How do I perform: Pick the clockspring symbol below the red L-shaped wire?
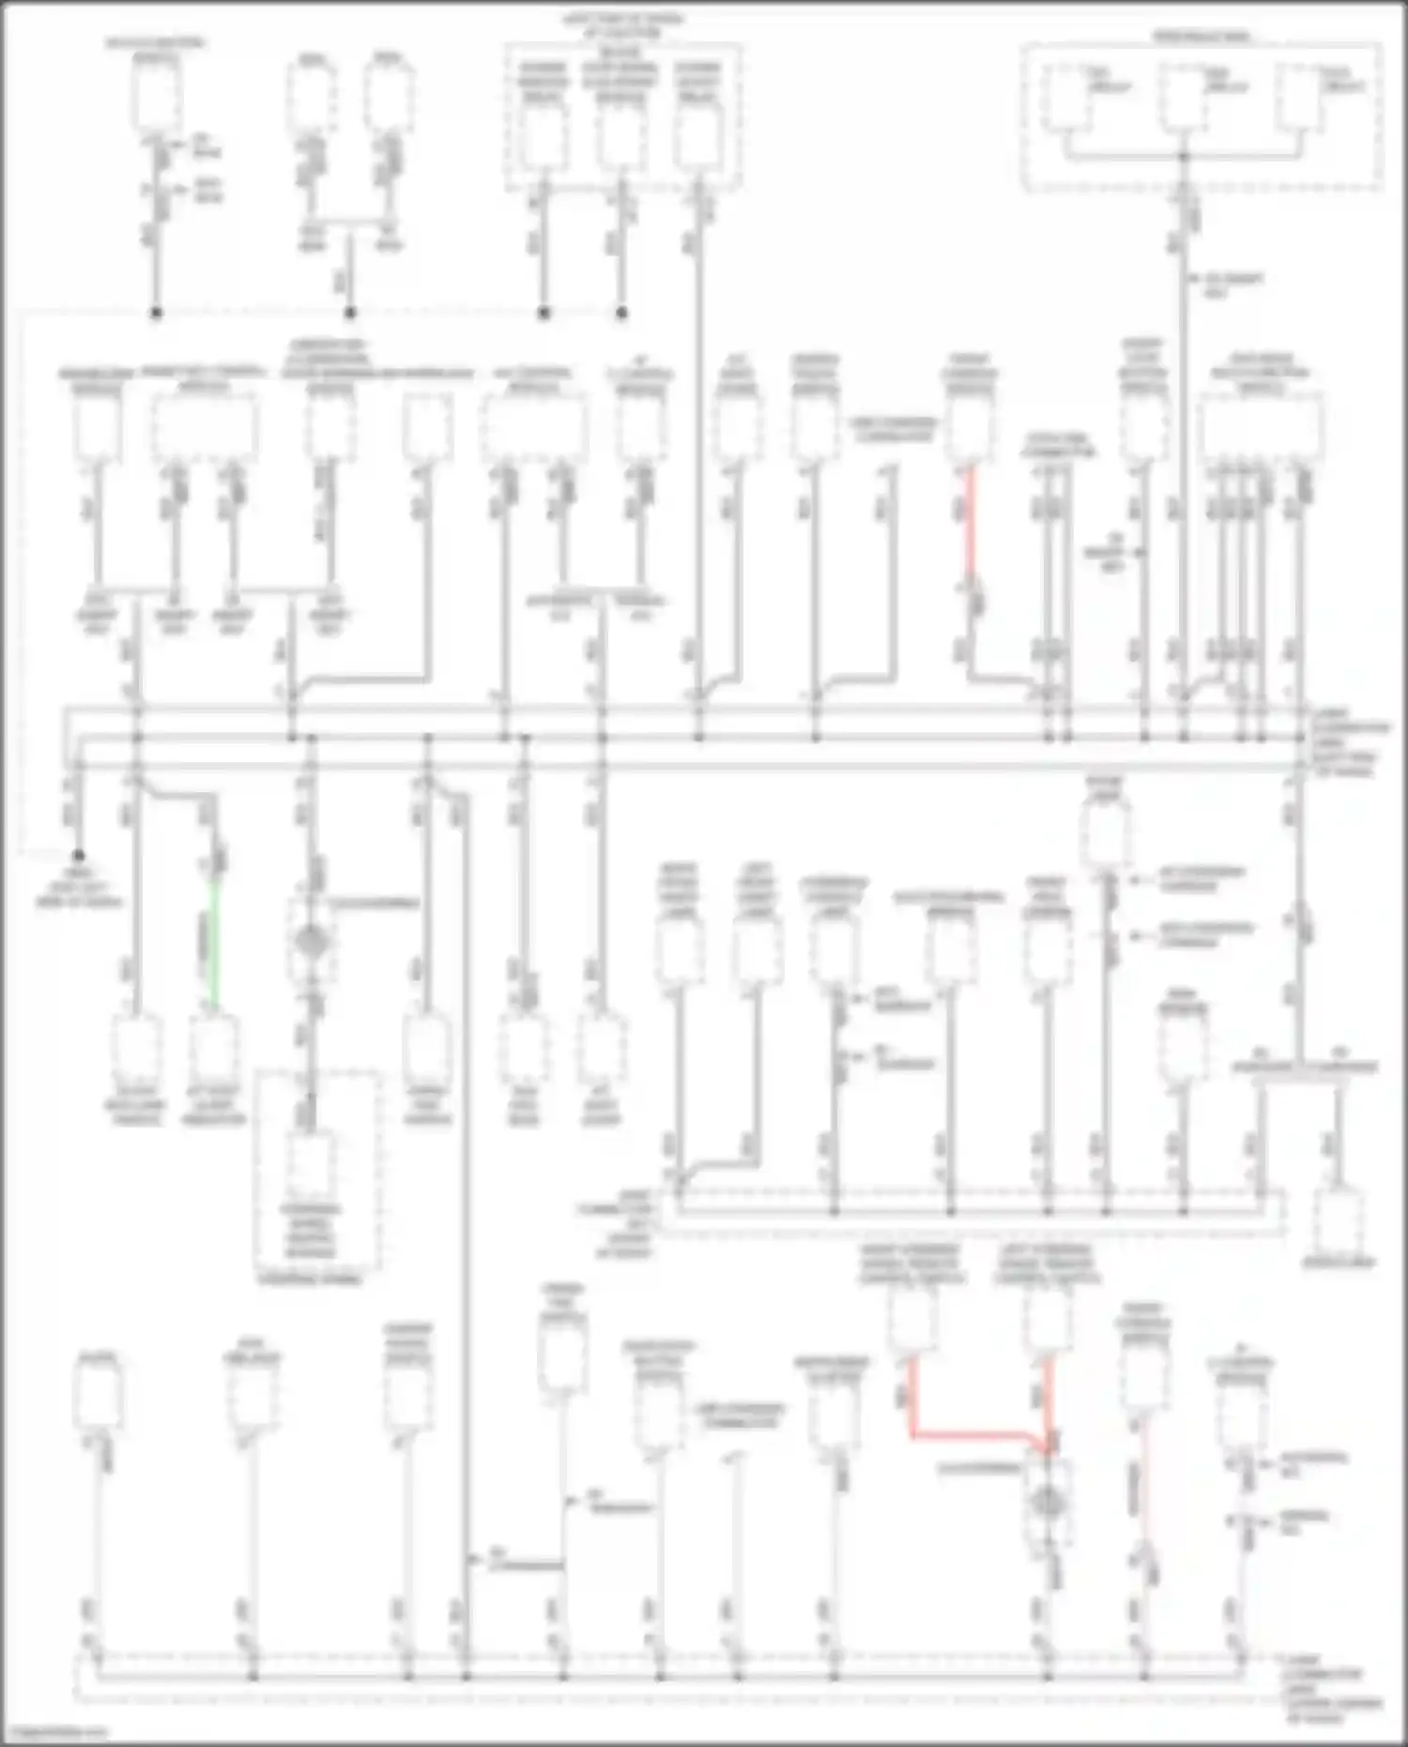[x=1045, y=1503]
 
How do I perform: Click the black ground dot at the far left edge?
[x=79, y=855]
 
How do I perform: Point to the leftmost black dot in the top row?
[x=156, y=313]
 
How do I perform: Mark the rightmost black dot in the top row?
[x=621, y=313]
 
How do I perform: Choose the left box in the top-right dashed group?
[x=1071, y=96]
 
